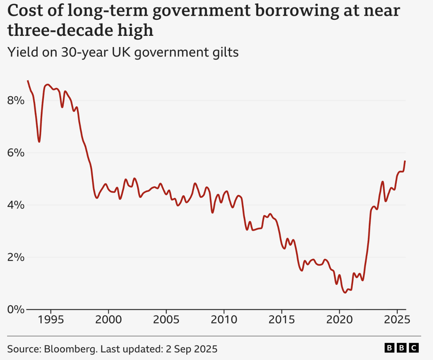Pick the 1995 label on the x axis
click(50, 320)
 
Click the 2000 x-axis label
click(108, 320)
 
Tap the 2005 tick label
click(166, 320)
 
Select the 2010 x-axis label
click(224, 320)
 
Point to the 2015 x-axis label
click(281, 320)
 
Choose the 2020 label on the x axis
click(339, 320)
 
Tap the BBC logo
click(401, 348)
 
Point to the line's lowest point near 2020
click(345, 292)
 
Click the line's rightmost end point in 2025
click(405, 161)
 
